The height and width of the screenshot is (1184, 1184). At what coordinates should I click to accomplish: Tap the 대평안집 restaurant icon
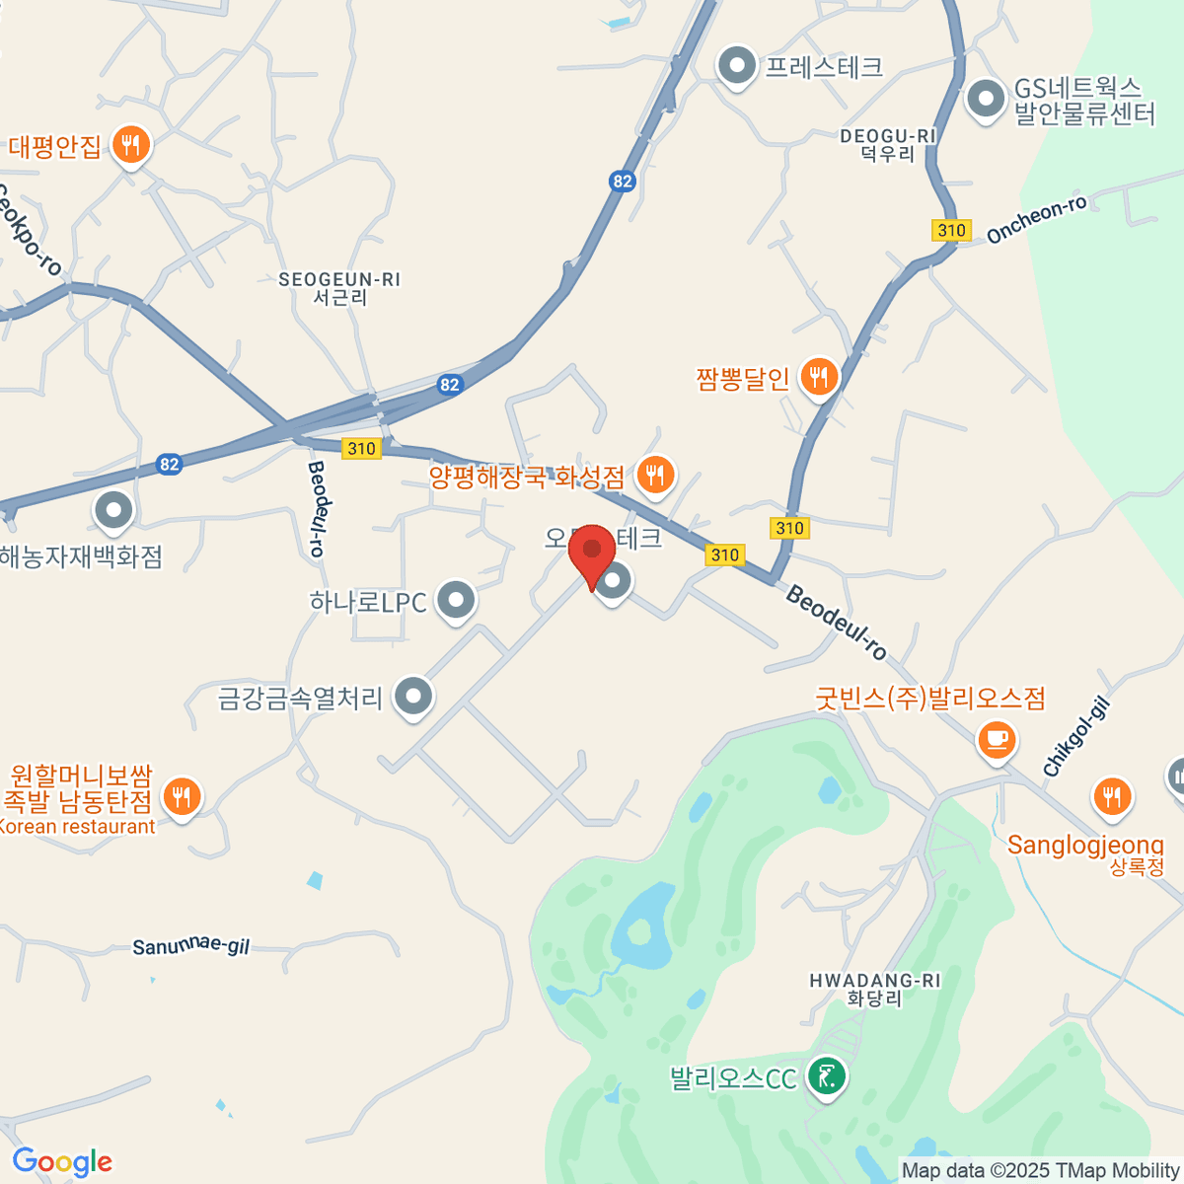pos(129,145)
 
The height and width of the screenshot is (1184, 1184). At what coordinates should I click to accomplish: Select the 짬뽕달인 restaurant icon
pos(818,376)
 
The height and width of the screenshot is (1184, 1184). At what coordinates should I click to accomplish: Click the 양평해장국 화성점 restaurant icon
pos(654,475)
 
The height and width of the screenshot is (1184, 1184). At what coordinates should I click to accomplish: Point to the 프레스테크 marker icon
pos(735,66)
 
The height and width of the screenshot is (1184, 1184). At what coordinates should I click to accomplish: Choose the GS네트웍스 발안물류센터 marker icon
pos(985,99)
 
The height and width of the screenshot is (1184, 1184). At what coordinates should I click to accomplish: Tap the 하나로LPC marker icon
pos(455,599)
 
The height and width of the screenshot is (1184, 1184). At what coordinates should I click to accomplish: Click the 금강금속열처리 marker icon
pos(413,696)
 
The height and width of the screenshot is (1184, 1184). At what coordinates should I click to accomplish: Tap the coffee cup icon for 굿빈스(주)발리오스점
pos(997,738)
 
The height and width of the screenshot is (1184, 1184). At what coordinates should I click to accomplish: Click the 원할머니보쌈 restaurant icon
pos(181,795)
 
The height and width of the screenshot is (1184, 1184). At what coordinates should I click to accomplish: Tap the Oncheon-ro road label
pos(1036,219)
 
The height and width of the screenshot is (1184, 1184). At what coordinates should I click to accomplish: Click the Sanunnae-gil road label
pos(191,947)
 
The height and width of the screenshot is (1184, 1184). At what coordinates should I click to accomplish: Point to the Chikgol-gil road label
pos(1076,737)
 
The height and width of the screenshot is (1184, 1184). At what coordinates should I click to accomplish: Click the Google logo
pos(62,1161)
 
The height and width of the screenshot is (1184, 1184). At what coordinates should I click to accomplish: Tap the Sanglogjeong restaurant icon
pos(1112,795)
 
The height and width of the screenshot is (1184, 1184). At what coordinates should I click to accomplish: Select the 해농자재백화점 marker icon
pos(113,510)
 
